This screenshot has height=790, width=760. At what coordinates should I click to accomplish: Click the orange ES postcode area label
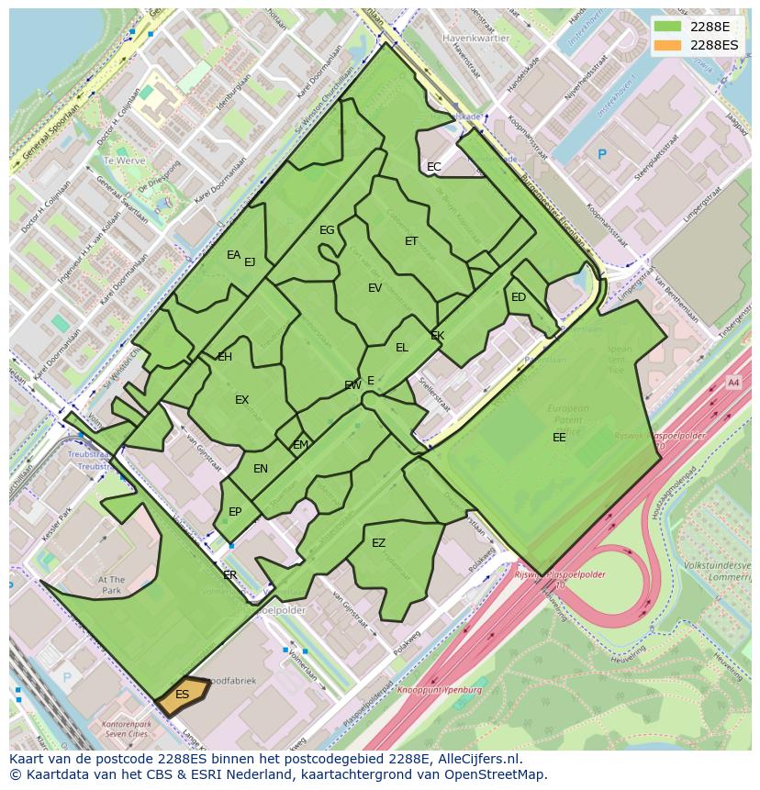click(182, 695)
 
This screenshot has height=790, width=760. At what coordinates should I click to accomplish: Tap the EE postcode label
click(559, 438)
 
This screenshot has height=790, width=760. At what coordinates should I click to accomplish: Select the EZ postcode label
click(378, 543)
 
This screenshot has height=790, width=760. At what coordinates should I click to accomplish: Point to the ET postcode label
click(411, 241)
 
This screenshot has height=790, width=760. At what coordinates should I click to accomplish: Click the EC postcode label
click(434, 167)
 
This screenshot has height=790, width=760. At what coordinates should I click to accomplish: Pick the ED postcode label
click(519, 297)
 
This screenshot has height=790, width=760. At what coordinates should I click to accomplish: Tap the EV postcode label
click(374, 288)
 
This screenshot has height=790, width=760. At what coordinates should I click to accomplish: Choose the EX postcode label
click(241, 400)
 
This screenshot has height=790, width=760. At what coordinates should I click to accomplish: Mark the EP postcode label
click(235, 512)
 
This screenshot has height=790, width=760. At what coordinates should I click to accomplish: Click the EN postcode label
click(261, 469)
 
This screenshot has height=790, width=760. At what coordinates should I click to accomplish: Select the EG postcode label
click(327, 230)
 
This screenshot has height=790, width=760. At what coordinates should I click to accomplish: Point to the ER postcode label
click(229, 575)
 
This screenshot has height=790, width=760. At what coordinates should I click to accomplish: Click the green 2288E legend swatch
click(668, 27)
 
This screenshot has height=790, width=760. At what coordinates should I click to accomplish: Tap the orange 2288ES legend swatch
click(668, 45)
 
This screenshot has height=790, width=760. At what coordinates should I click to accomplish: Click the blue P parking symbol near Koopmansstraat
click(602, 155)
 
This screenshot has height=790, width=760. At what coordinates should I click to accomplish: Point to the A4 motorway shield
click(732, 382)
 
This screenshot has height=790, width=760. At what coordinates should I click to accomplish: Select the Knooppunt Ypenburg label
click(440, 689)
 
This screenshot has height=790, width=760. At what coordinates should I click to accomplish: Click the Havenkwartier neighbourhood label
click(475, 39)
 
